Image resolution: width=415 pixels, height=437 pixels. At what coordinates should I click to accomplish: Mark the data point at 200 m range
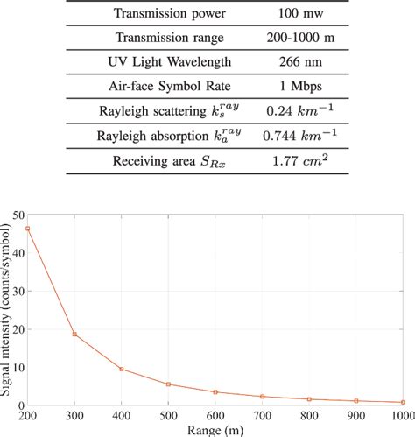pos(28,229)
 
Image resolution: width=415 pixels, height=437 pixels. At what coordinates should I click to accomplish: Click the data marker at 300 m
pos(75,334)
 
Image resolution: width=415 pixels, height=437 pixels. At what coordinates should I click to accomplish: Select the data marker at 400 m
pos(122,369)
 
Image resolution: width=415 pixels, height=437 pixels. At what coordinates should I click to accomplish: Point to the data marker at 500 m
pos(169,384)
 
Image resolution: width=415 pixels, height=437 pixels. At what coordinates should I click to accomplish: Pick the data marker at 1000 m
pos(404,402)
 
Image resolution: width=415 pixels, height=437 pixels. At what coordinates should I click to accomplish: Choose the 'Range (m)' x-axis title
pos(216,430)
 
